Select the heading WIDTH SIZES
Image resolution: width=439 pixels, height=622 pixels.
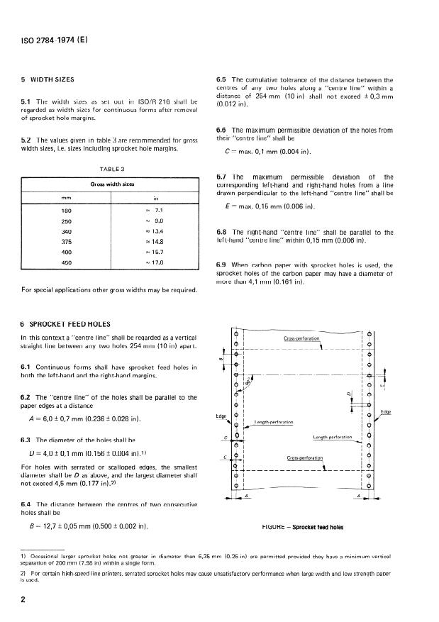click(x=52, y=79)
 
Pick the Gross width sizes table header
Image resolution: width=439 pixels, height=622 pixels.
click(x=108, y=183)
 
